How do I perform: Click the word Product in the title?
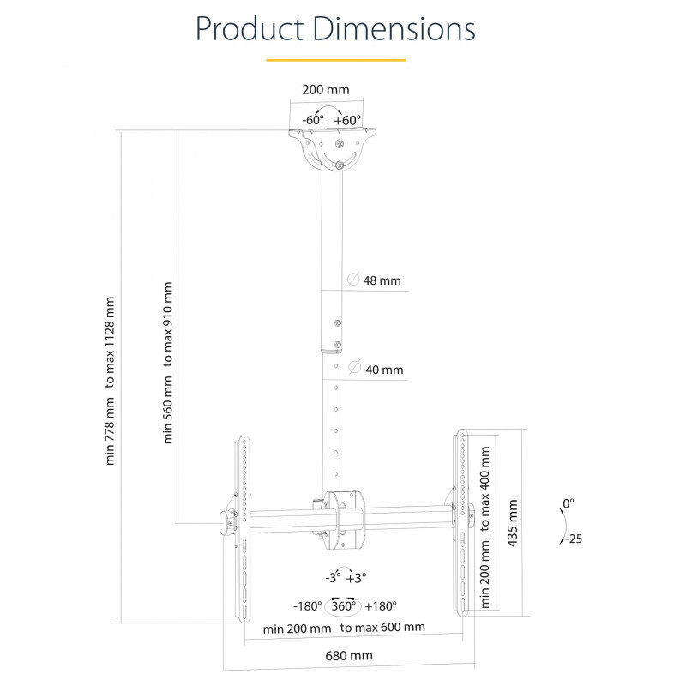pyautogui.click(x=250, y=29)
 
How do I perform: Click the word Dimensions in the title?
pyautogui.click(x=394, y=29)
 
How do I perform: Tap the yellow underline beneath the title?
pyautogui.click(x=335, y=60)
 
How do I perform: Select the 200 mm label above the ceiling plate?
pyautogui.click(x=326, y=90)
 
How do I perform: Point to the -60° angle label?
pyautogui.click(x=313, y=119)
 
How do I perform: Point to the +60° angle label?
pyautogui.click(x=348, y=120)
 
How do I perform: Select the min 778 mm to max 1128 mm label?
pyautogui.click(x=110, y=381)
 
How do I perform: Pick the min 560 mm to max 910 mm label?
pyautogui.click(x=168, y=363)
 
